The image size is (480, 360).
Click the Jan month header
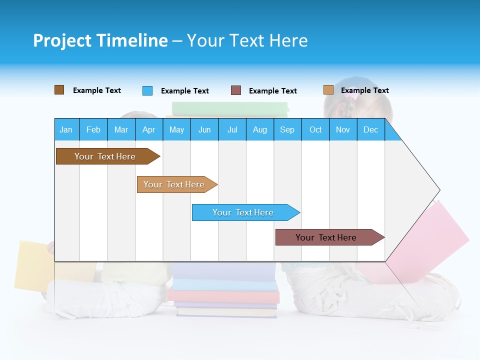tap(66, 129)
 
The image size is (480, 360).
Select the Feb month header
tap(93, 129)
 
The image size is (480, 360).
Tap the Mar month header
tap(121, 129)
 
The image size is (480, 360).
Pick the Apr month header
tap(149, 129)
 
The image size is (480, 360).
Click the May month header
tap(176, 129)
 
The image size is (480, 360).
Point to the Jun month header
tap(204, 129)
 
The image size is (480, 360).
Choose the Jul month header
tap(232, 129)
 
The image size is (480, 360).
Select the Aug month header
tap(260, 129)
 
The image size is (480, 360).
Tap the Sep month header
tap(287, 129)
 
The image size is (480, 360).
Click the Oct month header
tap(315, 129)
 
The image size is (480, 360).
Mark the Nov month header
tap(343, 129)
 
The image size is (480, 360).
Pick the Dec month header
tap(371, 129)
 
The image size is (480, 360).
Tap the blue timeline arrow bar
tap(243, 212)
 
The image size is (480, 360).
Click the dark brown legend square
tap(59, 90)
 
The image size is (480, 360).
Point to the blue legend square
tap(147, 90)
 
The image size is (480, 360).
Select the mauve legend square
tap(236, 90)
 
